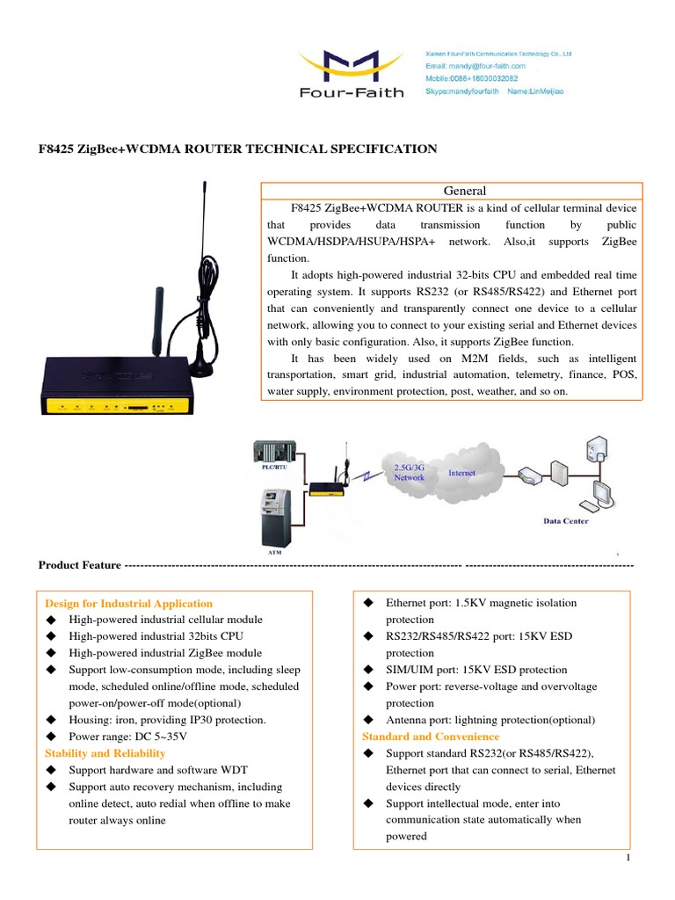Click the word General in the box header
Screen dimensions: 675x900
(465, 191)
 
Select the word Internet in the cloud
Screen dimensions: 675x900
(462, 473)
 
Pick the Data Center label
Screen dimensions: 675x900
(565, 521)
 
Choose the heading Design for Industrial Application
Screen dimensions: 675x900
(128, 604)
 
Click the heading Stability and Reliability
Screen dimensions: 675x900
(105, 753)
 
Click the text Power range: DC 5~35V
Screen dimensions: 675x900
(128, 737)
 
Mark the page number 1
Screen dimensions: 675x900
(630, 858)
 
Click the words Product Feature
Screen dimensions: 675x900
(79, 565)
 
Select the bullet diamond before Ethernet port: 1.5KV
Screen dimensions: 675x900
(369, 603)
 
